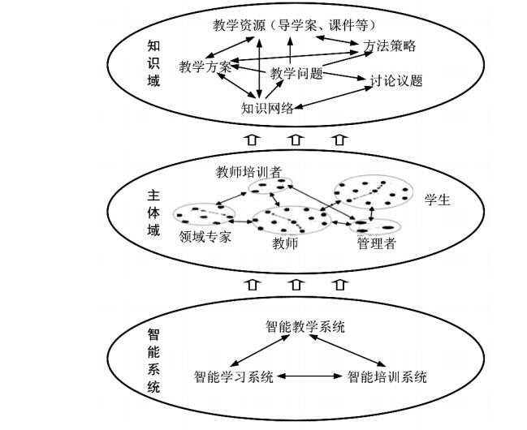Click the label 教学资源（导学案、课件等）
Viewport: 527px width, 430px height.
pyautogui.click(x=295, y=25)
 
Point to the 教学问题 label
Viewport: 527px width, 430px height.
pyautogui.click(x=296, y=74)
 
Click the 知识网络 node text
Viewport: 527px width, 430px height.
pyautogui.click(x=267, y=108)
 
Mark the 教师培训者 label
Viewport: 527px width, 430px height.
pyautogui.click(x=248, y=172)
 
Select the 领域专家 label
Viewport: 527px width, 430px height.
pyautogui.click(x=205, y=237)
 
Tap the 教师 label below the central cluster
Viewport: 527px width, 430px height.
pyautogui.click(x=284, y=243)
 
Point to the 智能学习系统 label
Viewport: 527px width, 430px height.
pyautogui.click(x=233, y=376)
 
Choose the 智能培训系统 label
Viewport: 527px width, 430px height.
pyautogui.click(x=387, y=376)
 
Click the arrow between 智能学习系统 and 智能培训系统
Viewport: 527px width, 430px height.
pyautogui.click(x=309, y=376)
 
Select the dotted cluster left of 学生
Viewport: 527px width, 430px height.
pyautogui.click(x=374, y=192)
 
